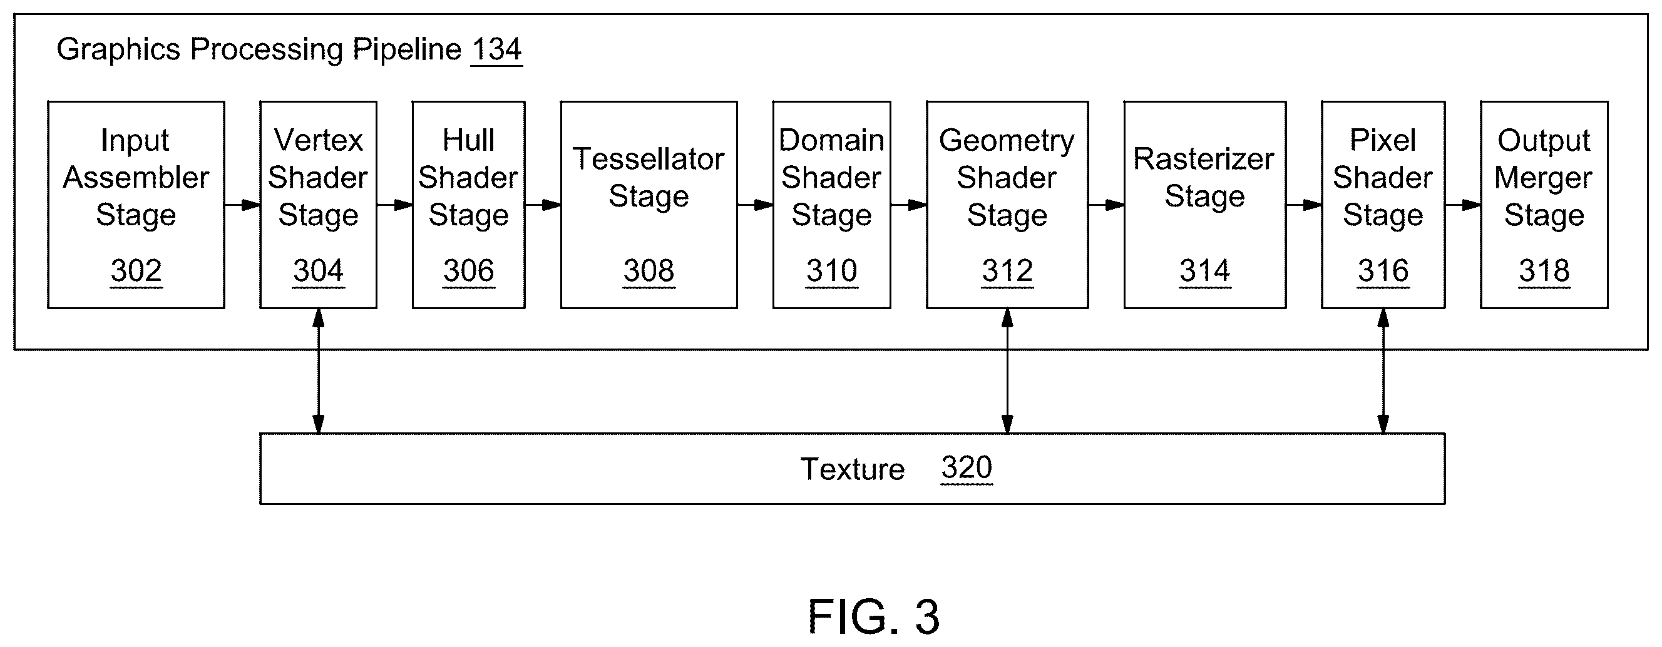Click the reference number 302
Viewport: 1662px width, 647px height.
pos(136,271)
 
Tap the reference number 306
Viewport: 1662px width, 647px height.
pos(468,271)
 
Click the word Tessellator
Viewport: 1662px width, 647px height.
pos(649,159)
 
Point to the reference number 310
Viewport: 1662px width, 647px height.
pos(832,271)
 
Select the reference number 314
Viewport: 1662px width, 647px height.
pos(1204,271)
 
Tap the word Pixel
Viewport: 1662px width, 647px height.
pos(1383,140)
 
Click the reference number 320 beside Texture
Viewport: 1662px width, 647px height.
pos(966,467)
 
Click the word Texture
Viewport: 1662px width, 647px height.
pos(853,469)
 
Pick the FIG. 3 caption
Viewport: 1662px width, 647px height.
pos(874,616)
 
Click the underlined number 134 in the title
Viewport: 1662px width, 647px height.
pos(496,49)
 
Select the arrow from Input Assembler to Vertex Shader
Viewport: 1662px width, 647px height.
pos(242,205)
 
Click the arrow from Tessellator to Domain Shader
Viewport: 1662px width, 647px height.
pos(755,205)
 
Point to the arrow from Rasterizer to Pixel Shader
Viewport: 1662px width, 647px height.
pos(1303,205)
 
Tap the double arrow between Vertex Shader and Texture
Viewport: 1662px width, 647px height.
pos(318,371)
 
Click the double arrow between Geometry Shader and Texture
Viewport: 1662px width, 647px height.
pos(1007,371)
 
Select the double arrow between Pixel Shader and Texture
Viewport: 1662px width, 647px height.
pos(1383,371)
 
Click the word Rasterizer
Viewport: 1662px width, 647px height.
pos(1204,159)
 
